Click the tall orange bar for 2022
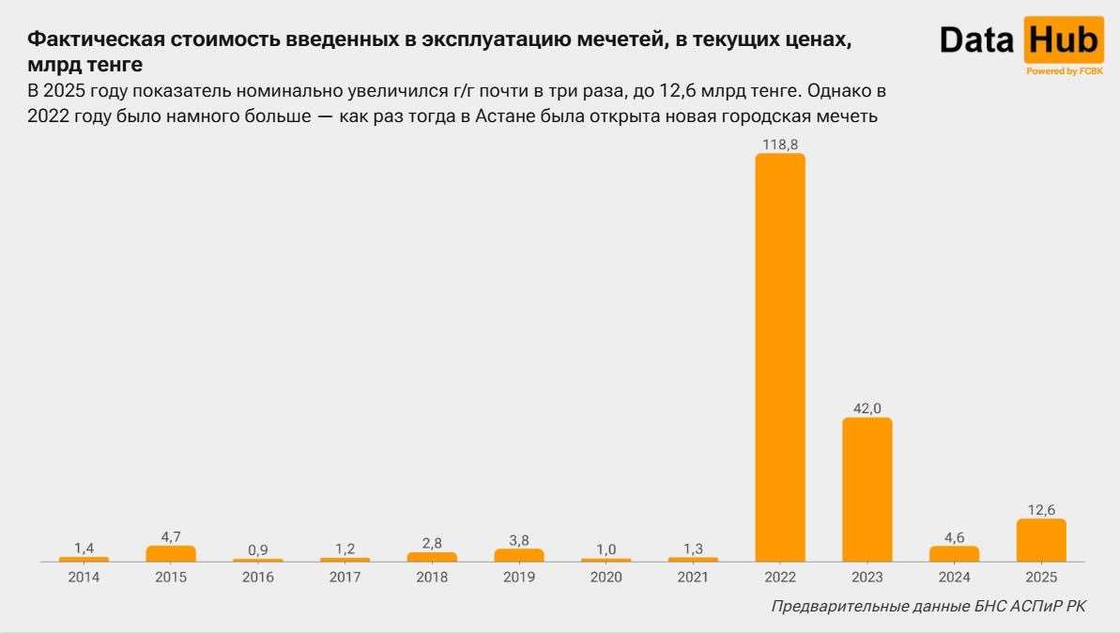point(780,357)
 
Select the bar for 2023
point(867,489)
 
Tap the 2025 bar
point(1041,540)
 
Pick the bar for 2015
point(171,553)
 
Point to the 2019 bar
point(519,555)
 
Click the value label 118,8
point(780,144)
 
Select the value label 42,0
point(867,408)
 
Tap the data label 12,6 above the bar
point(1041,509)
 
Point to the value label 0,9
point(258,549)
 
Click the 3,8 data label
point(519,539)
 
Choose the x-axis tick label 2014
point(84,577)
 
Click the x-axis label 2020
point(606,577)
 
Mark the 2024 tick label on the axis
point(954,577)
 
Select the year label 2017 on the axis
point(345,577)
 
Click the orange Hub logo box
point(1064,40)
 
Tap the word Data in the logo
point(978,40)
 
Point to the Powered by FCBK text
point(1064,71)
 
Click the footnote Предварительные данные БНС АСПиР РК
point(928,607)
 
